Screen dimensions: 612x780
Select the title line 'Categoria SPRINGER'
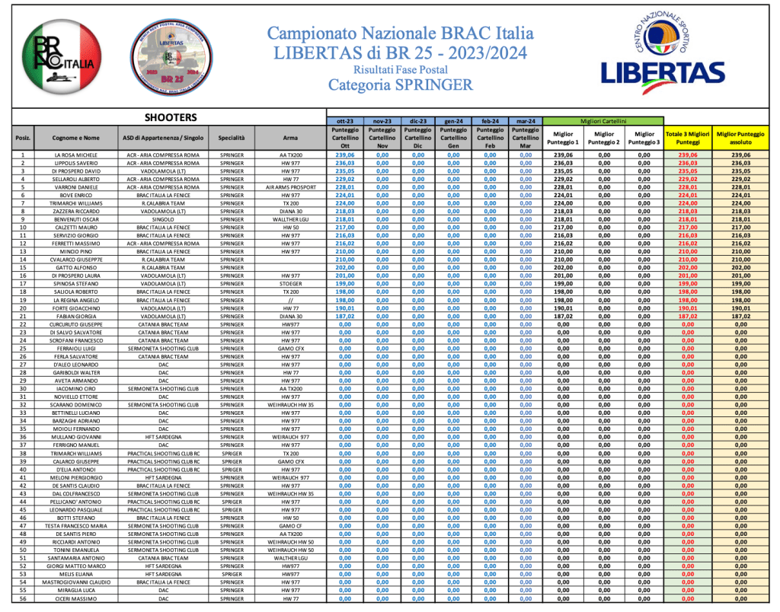tap(401, 84)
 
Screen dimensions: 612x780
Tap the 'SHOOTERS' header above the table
tap(171, 118)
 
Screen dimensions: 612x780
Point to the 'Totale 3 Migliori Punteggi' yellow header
tap(688, 137)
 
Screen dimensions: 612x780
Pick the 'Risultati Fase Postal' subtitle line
tap(401, 69)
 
